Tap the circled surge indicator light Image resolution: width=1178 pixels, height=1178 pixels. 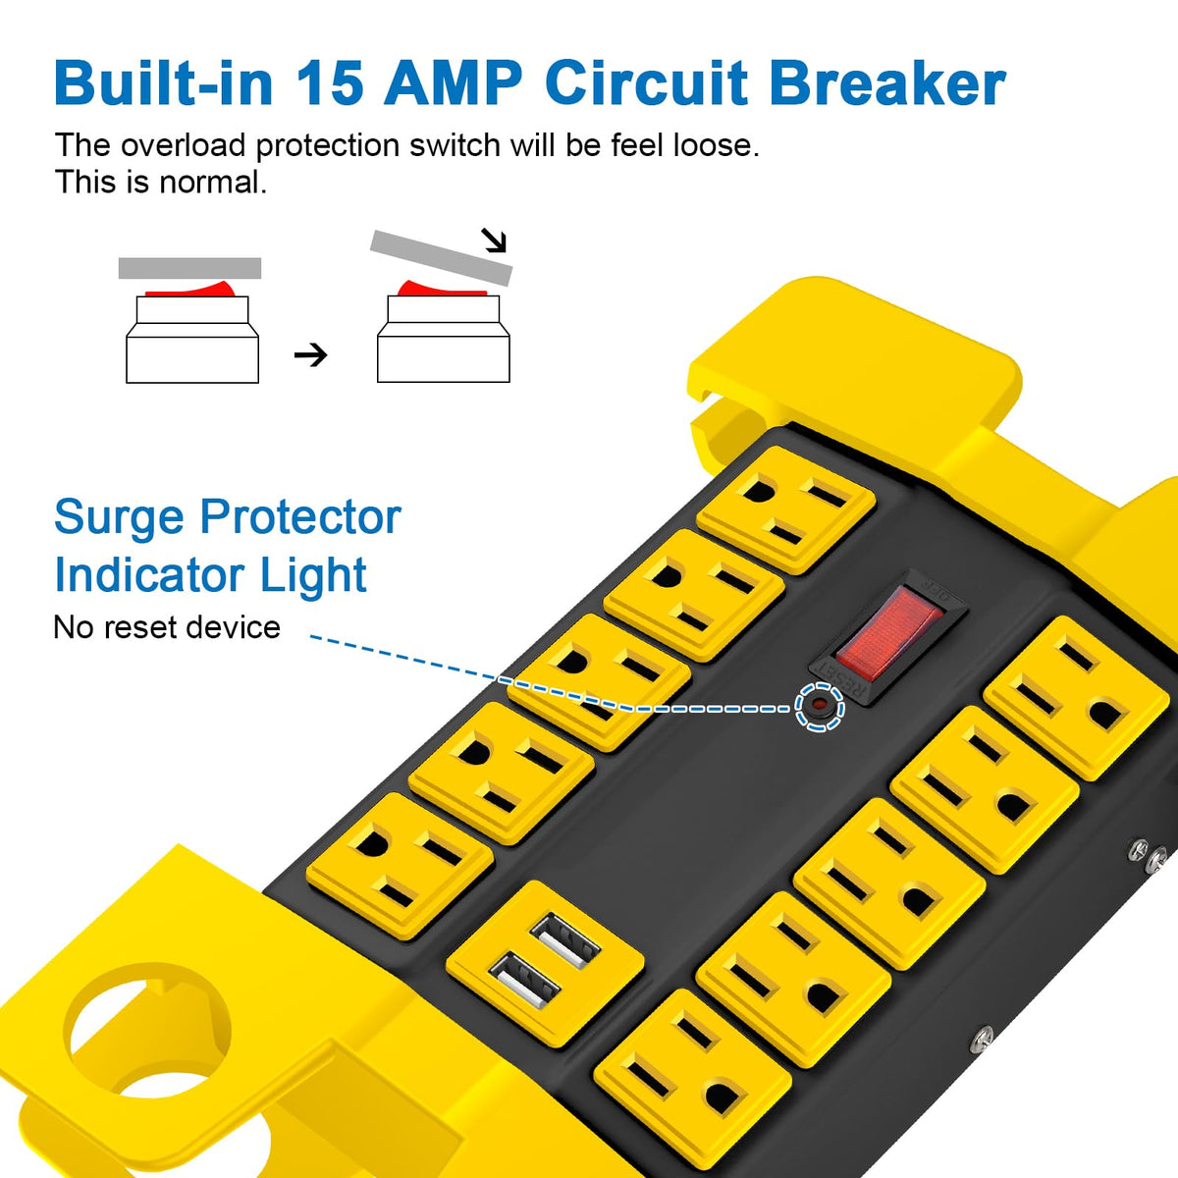[x=820, y=706]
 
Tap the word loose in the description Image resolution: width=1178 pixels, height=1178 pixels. [x=717, y=145]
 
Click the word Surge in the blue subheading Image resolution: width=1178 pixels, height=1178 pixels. [x=119, y=517]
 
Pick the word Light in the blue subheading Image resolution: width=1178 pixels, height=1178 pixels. [x=313, y=574]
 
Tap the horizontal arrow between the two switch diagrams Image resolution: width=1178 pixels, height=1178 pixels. [x=310, y=354]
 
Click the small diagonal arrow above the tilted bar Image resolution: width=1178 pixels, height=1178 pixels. [x=494, y=240]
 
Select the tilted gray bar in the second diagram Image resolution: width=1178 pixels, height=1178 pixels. [x=442, y=257]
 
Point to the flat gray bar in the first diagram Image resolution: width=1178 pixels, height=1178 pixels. [x=190, y=268]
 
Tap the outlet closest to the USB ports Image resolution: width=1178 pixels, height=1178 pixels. [x=400, y=866]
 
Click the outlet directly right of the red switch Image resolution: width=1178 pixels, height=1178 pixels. [x=1077, y=698]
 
